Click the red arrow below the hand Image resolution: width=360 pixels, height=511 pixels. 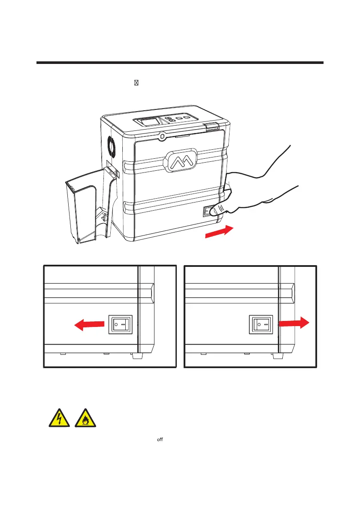(x=219, y=232)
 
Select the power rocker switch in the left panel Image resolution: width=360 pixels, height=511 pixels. (x=121, y=325)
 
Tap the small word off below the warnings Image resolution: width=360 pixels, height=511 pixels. (x=163, y=440)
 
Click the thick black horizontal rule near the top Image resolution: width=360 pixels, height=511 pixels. (x=179, y=63)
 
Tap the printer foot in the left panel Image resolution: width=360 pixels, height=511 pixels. (x=137, y=356)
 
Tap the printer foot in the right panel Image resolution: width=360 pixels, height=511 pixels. (x=277, y=356)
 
